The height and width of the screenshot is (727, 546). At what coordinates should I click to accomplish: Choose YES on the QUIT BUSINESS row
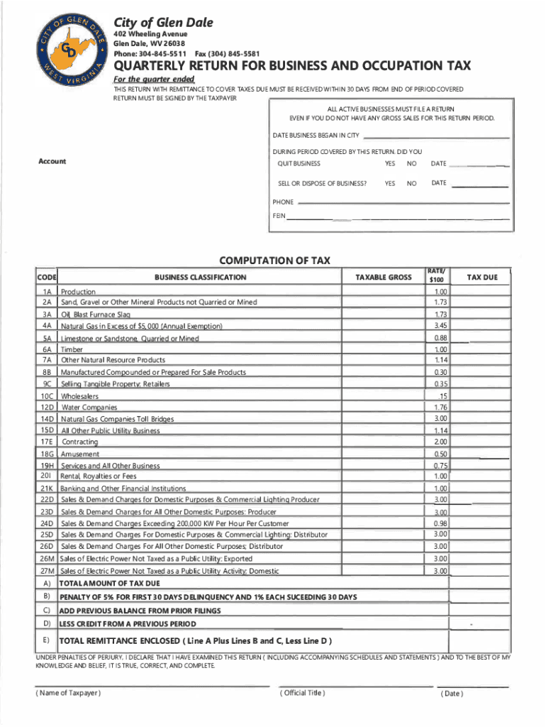pyautogui.click(x=389, y=163)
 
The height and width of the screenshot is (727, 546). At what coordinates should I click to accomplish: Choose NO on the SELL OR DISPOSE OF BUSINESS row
pyautogui.click(x=411, y=183)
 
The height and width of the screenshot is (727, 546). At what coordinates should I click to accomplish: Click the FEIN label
pyautogui.click(x=279, y=215)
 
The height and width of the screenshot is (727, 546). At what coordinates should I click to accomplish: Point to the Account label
pyautogui.click(x=52, y=162)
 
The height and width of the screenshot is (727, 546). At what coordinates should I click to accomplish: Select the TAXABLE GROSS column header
pyautogui.click(x=384, y=277)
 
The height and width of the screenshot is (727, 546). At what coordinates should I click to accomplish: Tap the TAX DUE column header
pyautogui.click(x=481, y=277)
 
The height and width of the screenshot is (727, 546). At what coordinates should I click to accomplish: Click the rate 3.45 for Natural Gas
pyautogui.click(x=440, y=325)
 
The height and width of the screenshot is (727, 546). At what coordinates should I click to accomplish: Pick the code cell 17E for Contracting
pyautogui.click(x=48, y=442)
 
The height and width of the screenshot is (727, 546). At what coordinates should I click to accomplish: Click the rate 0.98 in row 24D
pyautogui.click(x=440, y=523)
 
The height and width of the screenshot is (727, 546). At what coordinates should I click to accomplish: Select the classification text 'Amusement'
pyautogui.click(x=80, y=454)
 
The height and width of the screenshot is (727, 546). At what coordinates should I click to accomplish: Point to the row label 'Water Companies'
pyautogui.click(x=89, y=408)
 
